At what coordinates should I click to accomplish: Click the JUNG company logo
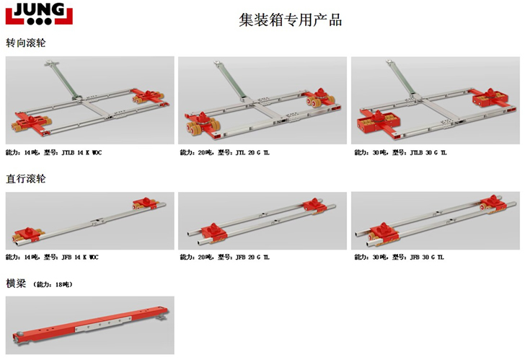pos(39,14)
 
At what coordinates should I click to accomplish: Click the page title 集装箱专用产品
pos(291,20)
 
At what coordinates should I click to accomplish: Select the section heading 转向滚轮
pos(26,43)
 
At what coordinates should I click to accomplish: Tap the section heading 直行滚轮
pos(26,178)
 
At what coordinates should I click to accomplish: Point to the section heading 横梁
pos(16,284)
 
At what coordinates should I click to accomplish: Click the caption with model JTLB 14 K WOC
pos(53,153)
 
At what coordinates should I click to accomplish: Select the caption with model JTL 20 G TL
pos(224,153)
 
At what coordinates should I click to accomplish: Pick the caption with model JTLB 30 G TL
pos(400,153)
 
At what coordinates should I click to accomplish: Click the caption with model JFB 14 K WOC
pos(52,257)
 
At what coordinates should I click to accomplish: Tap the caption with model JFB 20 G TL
pos(224,257)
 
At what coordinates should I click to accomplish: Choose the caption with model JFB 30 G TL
pos(399,257)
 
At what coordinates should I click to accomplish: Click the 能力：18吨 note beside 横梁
pos(53,284)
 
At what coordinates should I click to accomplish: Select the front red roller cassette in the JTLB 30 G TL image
pos(379,123)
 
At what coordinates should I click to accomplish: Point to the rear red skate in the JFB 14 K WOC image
pos(145,203)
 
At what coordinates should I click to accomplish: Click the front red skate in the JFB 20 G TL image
pos(214,232)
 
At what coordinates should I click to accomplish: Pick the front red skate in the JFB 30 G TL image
pos(384,233)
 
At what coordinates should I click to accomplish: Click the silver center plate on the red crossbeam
pos(103,324)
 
